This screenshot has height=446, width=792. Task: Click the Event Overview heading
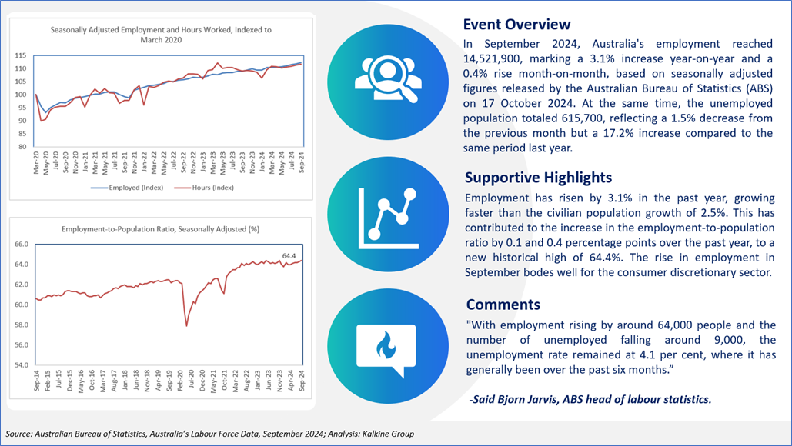coord(516,24)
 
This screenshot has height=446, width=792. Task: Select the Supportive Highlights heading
coord(539,178)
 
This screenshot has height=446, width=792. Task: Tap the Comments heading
coord(503,305)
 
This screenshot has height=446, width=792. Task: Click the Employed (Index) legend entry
coord(127,188)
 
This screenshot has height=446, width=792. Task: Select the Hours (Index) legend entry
coord(204,188)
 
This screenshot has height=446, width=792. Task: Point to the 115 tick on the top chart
coord(21,55)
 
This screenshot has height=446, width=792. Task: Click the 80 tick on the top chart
coord(23,147)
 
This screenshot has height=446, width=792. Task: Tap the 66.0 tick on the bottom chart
coord(22,245)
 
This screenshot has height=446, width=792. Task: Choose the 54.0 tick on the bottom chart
coord(22,364)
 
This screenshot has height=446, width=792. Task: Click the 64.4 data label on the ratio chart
coord(289,256)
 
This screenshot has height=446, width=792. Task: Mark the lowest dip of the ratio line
coord(186,326)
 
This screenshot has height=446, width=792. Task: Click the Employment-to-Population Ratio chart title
coord(161,229)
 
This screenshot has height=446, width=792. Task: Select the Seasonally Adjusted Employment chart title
coord(161,35)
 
